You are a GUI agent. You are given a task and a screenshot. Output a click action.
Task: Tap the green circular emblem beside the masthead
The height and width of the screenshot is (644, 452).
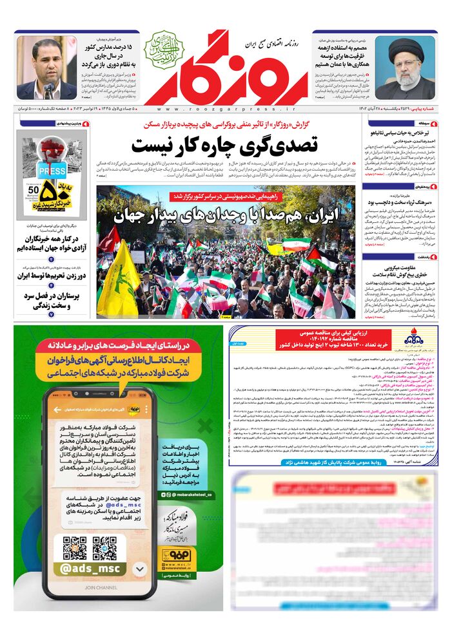pyautogui.click(x=164, y=46)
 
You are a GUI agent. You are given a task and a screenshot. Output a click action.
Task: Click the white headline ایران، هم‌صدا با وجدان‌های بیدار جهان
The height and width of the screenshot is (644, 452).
pyautogui.click(x=226, y=215)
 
